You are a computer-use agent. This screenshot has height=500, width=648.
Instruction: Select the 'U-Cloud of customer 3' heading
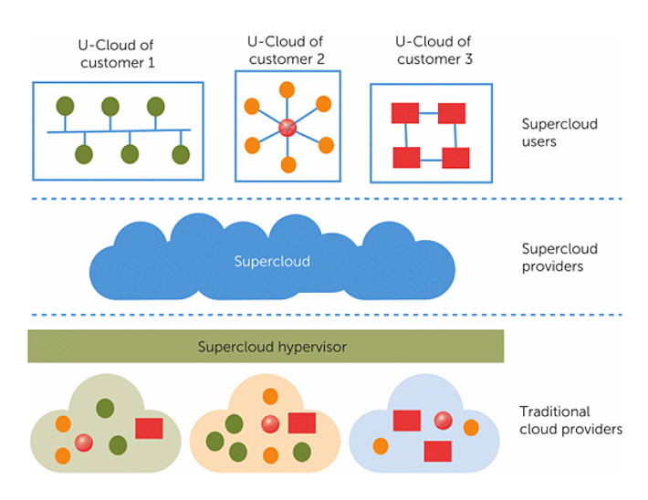coord(433,50)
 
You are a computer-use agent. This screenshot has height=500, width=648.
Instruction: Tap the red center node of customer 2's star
coord(287,128)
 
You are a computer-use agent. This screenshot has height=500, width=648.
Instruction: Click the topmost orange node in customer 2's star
coord(287,89)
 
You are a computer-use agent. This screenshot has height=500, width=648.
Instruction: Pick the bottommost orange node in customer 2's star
coord(287,165)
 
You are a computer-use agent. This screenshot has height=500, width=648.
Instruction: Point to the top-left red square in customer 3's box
coord(404,113)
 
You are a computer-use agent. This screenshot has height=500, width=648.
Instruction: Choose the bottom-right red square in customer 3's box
coord(455,158)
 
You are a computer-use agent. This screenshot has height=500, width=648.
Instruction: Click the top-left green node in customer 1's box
coord(65,106)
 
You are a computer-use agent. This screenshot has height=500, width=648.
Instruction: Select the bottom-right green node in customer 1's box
coord(181,154)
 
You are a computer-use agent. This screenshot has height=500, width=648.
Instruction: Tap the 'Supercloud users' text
coord(558,132)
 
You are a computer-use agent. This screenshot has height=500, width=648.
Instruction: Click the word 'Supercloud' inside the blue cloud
coord(272,262)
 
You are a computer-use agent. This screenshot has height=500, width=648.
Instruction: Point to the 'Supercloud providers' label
coord(559,257)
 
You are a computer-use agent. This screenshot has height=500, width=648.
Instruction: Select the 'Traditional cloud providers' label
coord(570,421)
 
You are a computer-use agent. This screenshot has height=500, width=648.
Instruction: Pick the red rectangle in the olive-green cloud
coord(149,428)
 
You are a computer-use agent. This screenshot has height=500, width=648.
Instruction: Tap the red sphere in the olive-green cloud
coord(84,443)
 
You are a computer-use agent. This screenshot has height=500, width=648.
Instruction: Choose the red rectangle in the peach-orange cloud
coord(302,423)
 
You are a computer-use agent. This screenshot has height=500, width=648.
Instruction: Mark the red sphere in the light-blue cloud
coord(443,420)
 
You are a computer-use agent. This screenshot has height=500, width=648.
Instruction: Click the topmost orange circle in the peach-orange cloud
coord(270,396)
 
